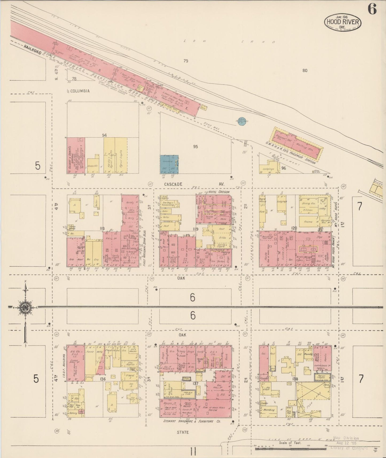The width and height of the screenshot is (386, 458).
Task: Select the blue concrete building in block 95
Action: (169, 164)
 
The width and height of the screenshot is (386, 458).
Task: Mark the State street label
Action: (182, 432)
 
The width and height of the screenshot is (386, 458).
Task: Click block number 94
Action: (104, 135)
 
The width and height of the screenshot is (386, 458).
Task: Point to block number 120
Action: (294, 228)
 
